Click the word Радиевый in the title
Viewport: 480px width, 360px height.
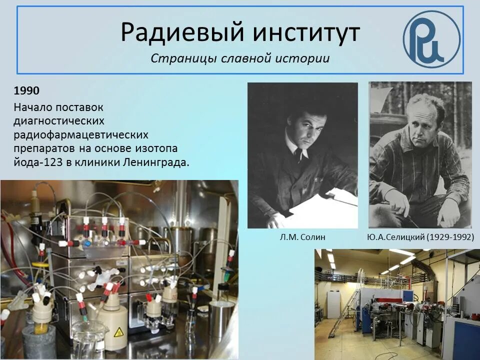[181, 33]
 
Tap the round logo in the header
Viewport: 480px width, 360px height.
[431, 39]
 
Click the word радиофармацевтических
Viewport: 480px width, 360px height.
[81, 135]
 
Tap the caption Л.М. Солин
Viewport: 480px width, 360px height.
[302, 237]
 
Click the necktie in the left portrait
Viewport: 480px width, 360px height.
[298, 153]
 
